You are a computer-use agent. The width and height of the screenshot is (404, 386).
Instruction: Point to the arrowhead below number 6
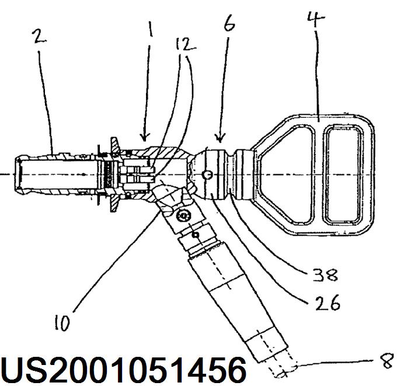220,141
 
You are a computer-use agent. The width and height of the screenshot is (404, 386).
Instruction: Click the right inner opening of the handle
344,174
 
